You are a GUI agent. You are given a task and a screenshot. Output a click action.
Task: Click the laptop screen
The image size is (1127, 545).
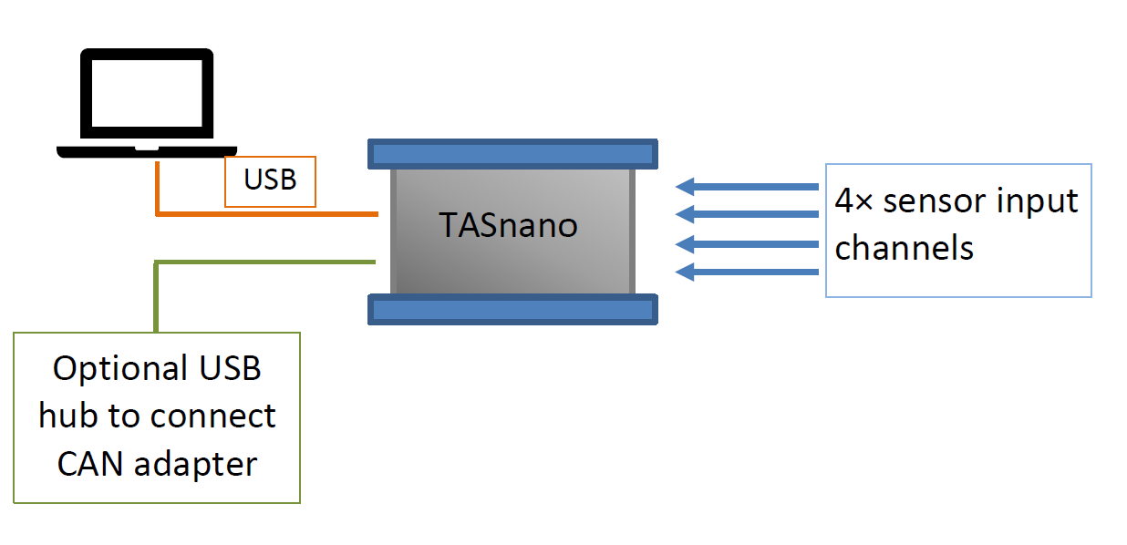click(147, 93)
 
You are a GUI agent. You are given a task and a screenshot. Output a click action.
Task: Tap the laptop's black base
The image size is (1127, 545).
click(147, 152)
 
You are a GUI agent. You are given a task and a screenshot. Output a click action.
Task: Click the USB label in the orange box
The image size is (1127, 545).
click(270, 180)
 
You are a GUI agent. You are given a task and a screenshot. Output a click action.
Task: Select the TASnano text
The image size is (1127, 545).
click(508, 225)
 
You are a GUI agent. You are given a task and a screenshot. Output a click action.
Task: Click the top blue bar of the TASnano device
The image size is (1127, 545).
click(512, 154)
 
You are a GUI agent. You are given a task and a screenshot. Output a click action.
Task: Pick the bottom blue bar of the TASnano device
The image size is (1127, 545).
click(512, 309)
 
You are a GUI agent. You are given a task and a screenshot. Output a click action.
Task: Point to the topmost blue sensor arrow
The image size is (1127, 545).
click(747, 187)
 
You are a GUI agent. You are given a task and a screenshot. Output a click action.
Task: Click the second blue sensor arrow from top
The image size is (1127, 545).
click(747, 214)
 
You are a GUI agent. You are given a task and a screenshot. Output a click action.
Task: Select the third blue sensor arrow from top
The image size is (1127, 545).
click(747, 244)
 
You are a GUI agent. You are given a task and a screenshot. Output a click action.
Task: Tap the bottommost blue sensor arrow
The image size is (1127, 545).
click(747, 272)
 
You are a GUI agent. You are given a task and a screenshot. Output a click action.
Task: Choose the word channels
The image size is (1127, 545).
click(905, 248)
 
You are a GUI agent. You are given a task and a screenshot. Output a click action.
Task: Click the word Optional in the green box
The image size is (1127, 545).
click(120, 369)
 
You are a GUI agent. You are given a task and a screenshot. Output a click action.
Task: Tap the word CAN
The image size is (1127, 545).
click(90, 464)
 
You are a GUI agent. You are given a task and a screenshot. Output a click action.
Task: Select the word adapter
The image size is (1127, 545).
click(196, 466)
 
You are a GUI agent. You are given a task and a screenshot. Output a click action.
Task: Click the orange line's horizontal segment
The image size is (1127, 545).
click(267, 214)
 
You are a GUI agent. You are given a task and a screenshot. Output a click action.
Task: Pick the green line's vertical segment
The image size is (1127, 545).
click(157, 296)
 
